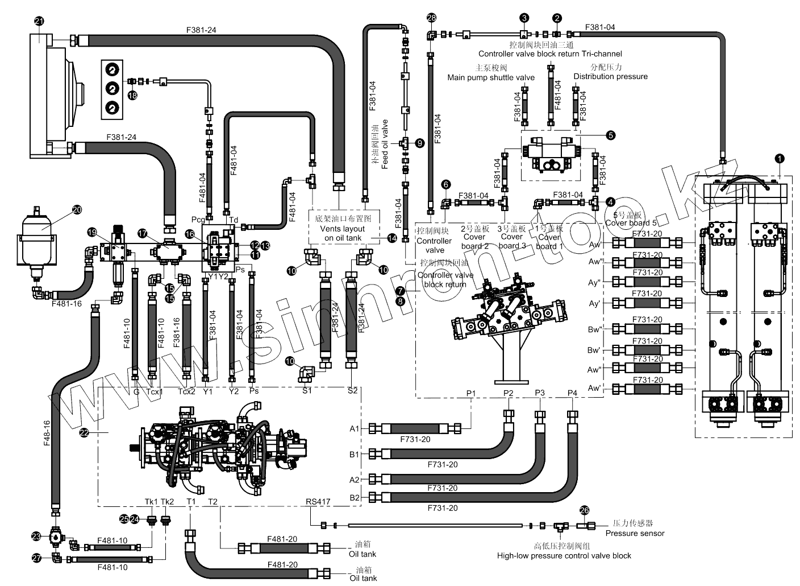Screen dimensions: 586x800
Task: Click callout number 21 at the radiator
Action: click(39, 22)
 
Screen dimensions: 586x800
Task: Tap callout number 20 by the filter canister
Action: click(77, 209)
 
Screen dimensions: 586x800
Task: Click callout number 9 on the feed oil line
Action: click(419, 143)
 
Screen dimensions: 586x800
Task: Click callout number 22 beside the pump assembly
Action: click(84, 433)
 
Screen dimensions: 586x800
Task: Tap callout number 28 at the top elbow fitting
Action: click(431, 18)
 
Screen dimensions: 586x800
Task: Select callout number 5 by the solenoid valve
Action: click(610, 135)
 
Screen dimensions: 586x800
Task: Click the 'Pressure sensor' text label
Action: click(634, 533)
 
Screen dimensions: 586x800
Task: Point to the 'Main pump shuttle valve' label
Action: click(490, 77)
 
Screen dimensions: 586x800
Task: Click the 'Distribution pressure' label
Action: click(610, 76)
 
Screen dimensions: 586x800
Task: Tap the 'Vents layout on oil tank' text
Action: click(343, 233)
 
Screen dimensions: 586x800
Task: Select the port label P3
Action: click(539, 393)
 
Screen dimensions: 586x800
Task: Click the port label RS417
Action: click(318, 501)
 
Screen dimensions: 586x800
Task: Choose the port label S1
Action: click(307, 390)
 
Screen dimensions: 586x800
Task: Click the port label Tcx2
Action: click(186, 391)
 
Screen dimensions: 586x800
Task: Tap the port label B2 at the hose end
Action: click(354, 497)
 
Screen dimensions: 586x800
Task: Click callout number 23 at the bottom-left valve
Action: click(36, 536)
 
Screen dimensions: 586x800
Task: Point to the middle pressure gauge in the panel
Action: click(113, 88)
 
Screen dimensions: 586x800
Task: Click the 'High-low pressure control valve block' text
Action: click(564, 555)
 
